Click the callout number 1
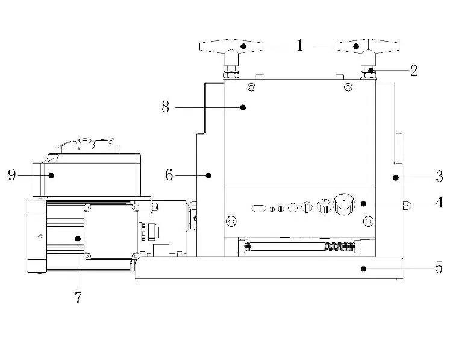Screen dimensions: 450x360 299,45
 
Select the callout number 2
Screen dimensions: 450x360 413,71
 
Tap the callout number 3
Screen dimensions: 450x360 439,176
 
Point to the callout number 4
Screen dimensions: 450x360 439,202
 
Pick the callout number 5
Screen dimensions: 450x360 439,267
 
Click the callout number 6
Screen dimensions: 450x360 169,175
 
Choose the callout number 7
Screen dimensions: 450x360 78,297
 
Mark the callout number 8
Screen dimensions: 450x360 165,107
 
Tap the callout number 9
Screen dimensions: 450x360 12,175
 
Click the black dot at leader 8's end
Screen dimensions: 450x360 243,107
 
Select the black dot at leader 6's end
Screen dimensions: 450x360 208,175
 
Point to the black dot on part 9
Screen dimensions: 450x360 51,175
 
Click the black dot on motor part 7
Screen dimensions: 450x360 78,238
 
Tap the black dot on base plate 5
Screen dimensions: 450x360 363,268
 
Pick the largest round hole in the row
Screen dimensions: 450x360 344,204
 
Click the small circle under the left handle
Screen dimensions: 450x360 251,87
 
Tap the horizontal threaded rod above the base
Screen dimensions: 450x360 300,247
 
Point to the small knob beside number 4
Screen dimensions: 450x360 407,206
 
